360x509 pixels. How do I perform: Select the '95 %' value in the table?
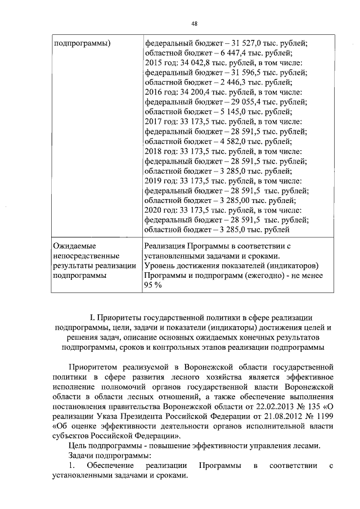[153, 286]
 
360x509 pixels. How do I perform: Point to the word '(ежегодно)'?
[270, 276]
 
